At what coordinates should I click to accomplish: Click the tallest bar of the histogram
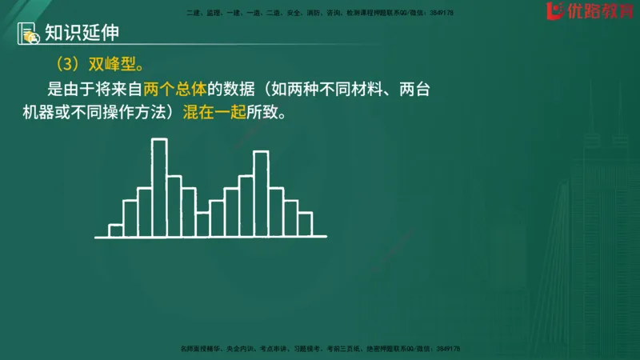click(159, 188)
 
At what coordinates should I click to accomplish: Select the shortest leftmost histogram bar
click(115, 231)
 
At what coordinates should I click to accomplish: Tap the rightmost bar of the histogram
click(305, 225)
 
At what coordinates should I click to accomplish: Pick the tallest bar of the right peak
click(261, 194)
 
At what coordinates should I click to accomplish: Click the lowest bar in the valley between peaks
click(202, 225)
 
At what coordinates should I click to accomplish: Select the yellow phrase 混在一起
click(210, 113)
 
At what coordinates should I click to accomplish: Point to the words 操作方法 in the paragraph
click(133, 113)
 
